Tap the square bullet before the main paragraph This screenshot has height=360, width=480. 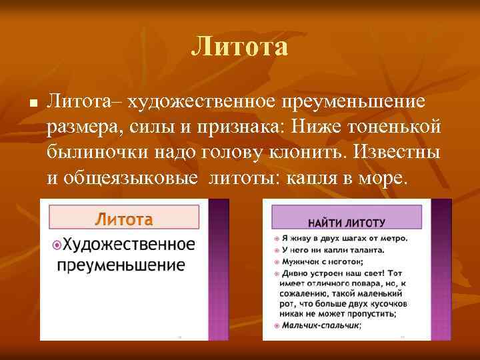(31, 105)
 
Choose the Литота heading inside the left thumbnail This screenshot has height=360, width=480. (124, 219)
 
